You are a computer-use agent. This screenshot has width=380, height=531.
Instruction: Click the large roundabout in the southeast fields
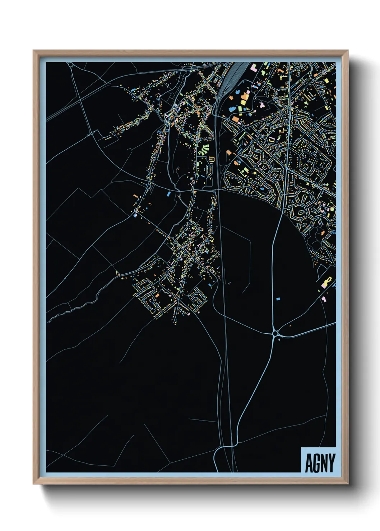pos(275,334)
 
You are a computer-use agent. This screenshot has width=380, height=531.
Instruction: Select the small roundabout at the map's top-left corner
pos(71,65)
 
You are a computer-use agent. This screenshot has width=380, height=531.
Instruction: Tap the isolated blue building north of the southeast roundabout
pos(277,298)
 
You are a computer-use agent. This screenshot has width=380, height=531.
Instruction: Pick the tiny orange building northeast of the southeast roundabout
pos(290,326)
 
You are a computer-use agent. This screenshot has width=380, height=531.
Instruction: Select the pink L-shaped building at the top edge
pos(254,67)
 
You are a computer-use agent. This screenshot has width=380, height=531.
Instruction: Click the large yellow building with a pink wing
pos(327,282)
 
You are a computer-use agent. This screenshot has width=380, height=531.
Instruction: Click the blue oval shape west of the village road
pos(168,194)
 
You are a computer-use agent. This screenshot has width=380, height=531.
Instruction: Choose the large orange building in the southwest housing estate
pos(157,295)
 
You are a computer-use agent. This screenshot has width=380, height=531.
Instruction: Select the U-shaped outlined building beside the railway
pos(211,159)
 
